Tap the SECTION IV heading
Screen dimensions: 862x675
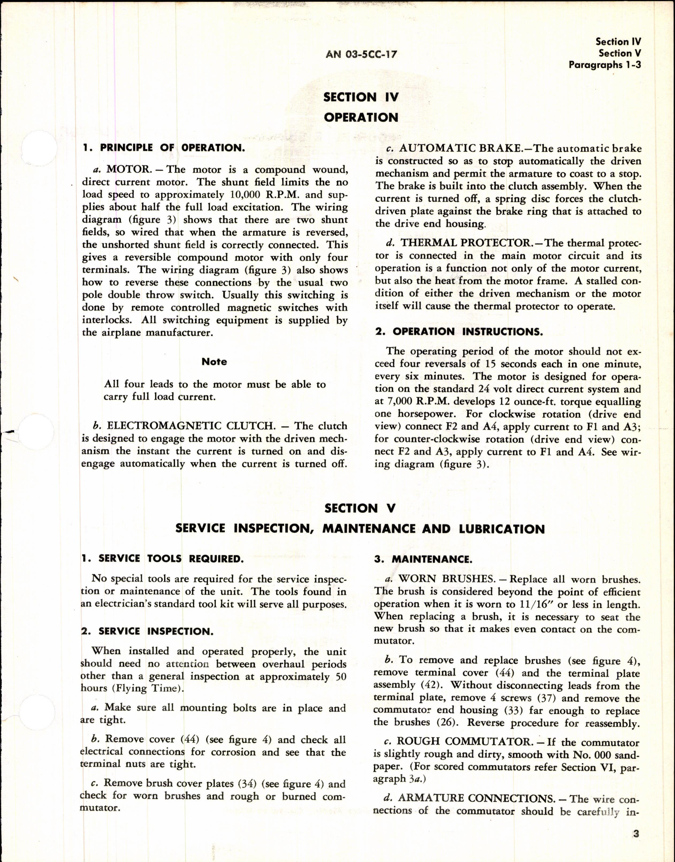tap(361, 97)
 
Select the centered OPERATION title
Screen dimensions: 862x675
tap(361, 118)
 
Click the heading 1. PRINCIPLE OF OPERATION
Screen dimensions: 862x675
tap(163, 148)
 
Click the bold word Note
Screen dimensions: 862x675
tap(214, 362)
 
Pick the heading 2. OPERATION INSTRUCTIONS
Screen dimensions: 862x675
tap(459, 332)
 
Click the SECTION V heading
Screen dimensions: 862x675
tap(360, 508)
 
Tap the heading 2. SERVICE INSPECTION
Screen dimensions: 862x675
tap(147, 631)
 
